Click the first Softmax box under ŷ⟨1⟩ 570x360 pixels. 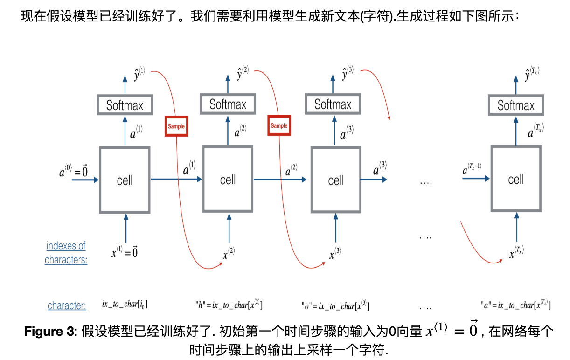coord(125,105)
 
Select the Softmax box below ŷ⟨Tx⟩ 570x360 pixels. coord(516,105)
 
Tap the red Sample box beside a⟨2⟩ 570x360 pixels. coord(279,126)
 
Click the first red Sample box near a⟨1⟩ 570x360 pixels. coord(176,126)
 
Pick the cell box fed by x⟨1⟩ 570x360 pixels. coord(125,180)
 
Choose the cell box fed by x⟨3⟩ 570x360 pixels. coord(336,180)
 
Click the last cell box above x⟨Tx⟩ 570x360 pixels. coord(516,180)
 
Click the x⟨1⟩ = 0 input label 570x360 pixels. coord(124,252)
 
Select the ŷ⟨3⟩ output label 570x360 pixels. coord(348,73)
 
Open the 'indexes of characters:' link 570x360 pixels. coord(66,252)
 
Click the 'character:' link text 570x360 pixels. coord(67,305)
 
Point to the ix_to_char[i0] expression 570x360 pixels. coord(125,305)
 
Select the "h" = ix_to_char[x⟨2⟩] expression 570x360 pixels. coord(229,305)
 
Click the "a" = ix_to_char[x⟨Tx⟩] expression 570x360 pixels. coord(515,305)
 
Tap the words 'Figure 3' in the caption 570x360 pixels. coord(49,332)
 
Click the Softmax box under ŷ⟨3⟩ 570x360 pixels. coord(333,104)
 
